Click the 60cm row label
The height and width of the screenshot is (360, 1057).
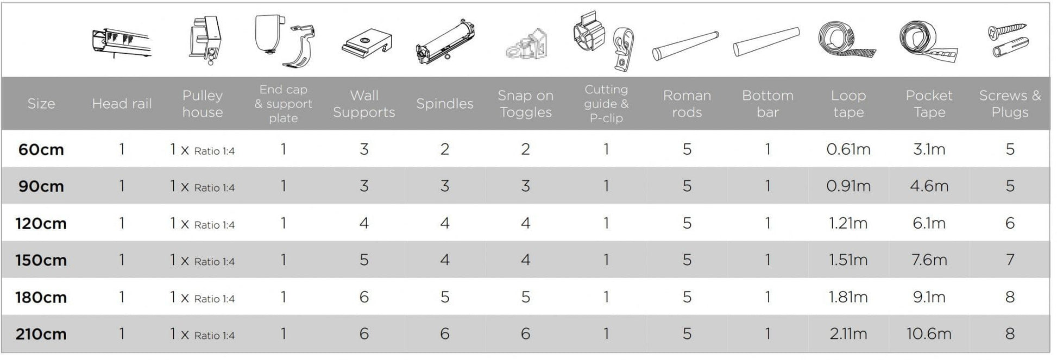coord(41,149)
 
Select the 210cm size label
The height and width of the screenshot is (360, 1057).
coord(41,334)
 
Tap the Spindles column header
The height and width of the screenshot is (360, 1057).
coord(445,104)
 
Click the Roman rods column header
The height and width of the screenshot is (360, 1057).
coord(687,104)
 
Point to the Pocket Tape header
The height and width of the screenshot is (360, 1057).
coord(929,104)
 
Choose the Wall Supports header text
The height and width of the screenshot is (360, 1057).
coord(364,104)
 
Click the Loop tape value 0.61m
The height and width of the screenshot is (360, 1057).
coord(848,149)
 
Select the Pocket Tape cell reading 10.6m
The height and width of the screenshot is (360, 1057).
coord(929,334)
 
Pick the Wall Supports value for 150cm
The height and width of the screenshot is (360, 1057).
coord(364,260)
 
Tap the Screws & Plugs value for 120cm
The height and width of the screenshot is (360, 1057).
coord(1010,223)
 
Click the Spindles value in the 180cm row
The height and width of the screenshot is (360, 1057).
coord(445,297)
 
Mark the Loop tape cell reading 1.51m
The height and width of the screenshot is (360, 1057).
coord(848,260)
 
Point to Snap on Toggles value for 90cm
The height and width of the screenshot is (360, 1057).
coord(525,186)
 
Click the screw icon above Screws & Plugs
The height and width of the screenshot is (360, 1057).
coord(1008,31)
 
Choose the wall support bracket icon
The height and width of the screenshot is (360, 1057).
coord(367,42)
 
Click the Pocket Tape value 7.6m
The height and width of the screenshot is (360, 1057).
coord(929,260)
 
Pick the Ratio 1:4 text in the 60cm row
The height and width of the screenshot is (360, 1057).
coord(215,151)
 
